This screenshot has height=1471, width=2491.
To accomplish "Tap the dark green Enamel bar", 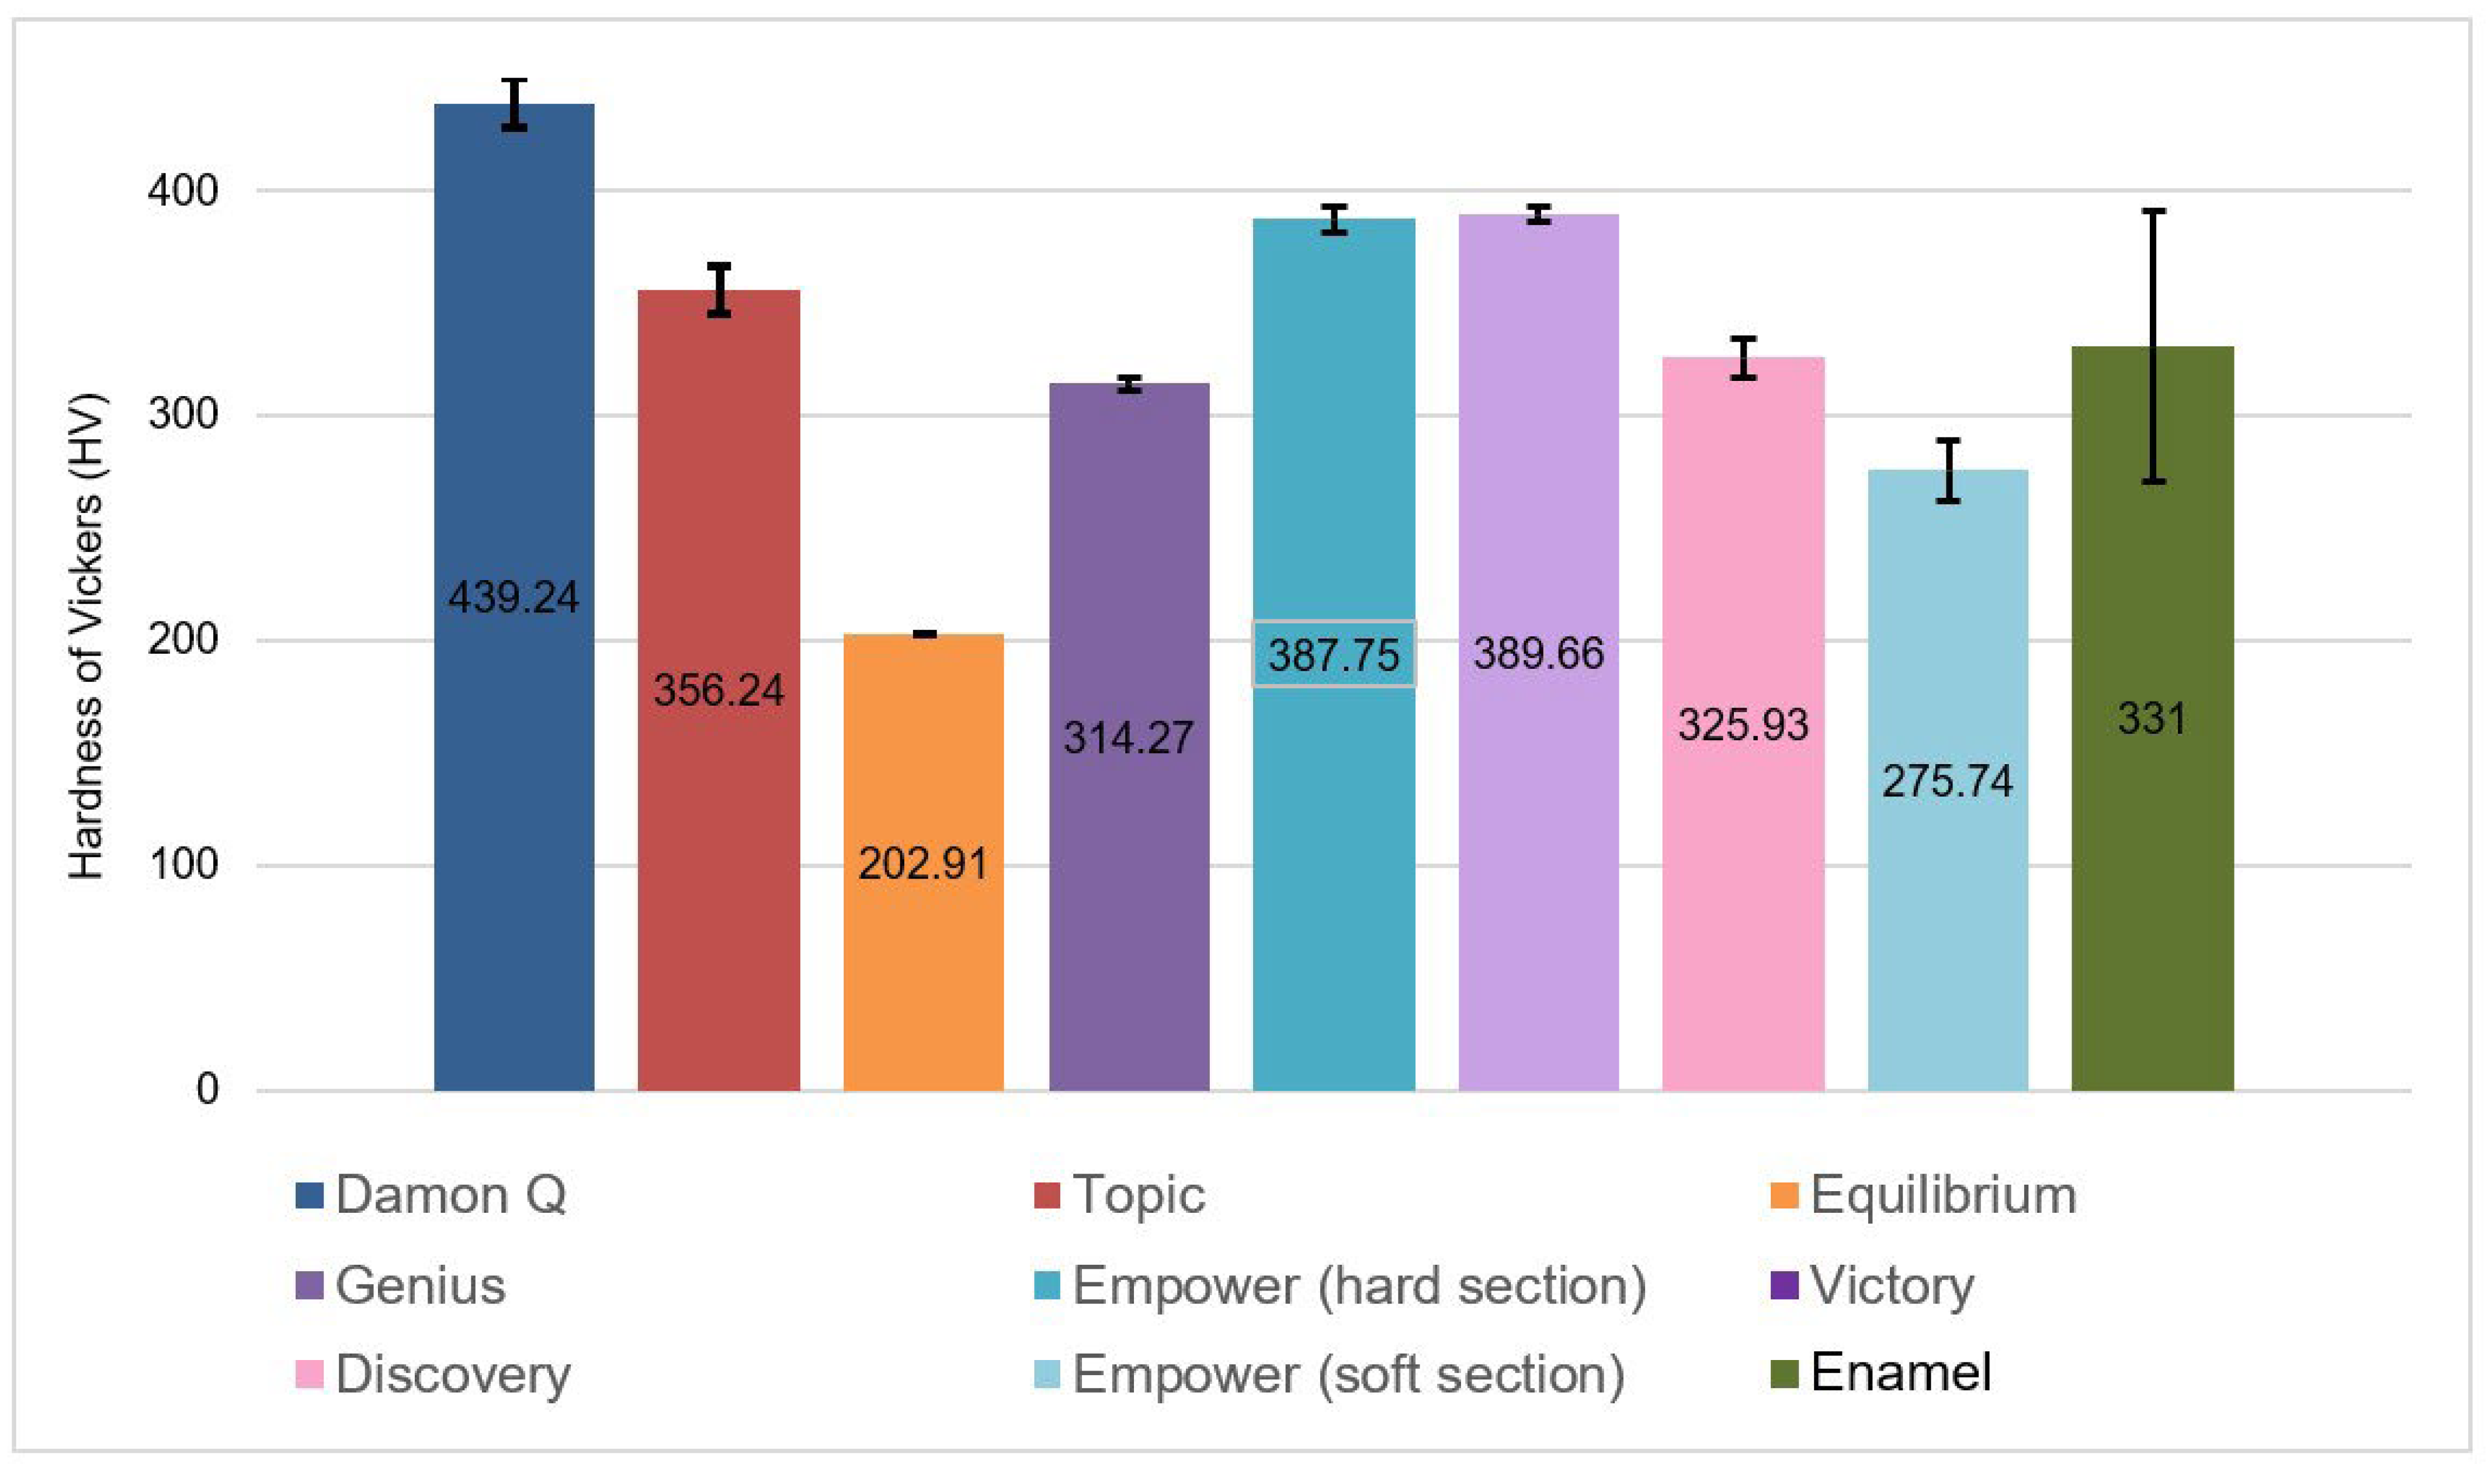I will (x=2152, y=892).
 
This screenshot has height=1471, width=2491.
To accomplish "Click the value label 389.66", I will (x=1538, y=653).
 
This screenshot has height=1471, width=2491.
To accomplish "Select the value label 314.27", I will (x=1128, y=737).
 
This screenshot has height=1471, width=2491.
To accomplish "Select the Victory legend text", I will (x=1891, y=1286).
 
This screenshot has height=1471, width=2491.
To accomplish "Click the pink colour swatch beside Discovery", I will (x=309, y=1375).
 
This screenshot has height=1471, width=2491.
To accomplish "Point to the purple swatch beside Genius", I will (x=309, y=1286).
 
